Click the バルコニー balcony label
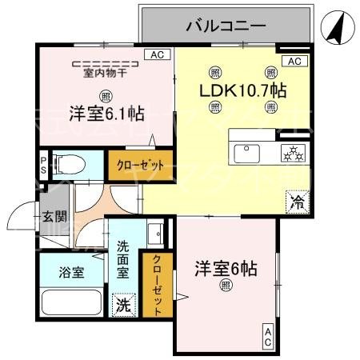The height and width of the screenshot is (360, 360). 226,26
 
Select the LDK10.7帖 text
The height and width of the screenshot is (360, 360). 242,89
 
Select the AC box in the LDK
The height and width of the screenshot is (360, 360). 294,62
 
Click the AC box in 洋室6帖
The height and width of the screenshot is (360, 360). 266,336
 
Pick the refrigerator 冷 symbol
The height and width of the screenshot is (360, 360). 297,201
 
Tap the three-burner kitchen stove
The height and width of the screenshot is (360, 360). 289,150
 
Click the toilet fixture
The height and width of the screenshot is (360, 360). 71,165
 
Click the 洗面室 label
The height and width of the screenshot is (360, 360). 123,260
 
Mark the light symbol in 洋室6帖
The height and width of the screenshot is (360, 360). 226,284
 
